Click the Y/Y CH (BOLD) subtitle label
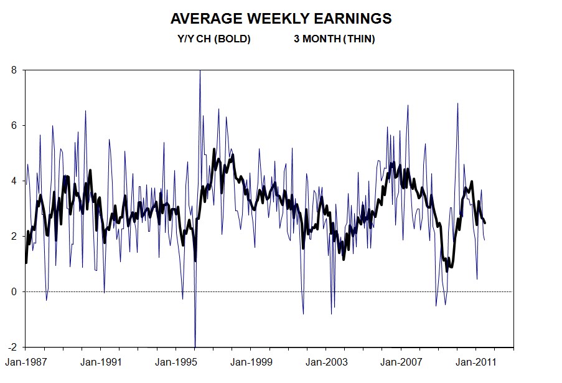214,39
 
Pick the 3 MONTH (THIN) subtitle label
334,39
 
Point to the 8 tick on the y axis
14,70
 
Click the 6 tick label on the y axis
14,125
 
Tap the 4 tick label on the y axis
14,181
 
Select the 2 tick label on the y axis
14,236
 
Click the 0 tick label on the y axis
14,291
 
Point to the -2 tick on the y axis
12,347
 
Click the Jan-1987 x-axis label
25,362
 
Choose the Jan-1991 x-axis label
100,362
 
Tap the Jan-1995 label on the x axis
176,362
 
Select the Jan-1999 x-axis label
251,362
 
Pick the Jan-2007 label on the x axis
401,362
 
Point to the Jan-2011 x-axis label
476,362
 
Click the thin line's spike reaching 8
200,72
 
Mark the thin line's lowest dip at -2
195,345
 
